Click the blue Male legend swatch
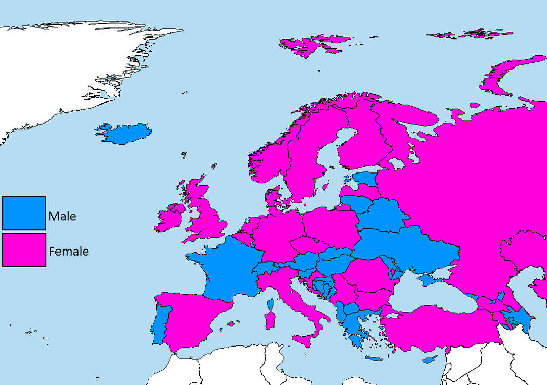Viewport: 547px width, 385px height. tap(24, 213)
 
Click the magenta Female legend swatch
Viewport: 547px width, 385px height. tap(24, 250)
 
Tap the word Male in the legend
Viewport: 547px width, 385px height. tap(62, 216)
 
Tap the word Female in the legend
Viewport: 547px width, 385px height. tap(69, 252)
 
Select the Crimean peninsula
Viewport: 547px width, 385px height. tap(428, 280)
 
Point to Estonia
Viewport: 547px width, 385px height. tap(365, 179)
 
